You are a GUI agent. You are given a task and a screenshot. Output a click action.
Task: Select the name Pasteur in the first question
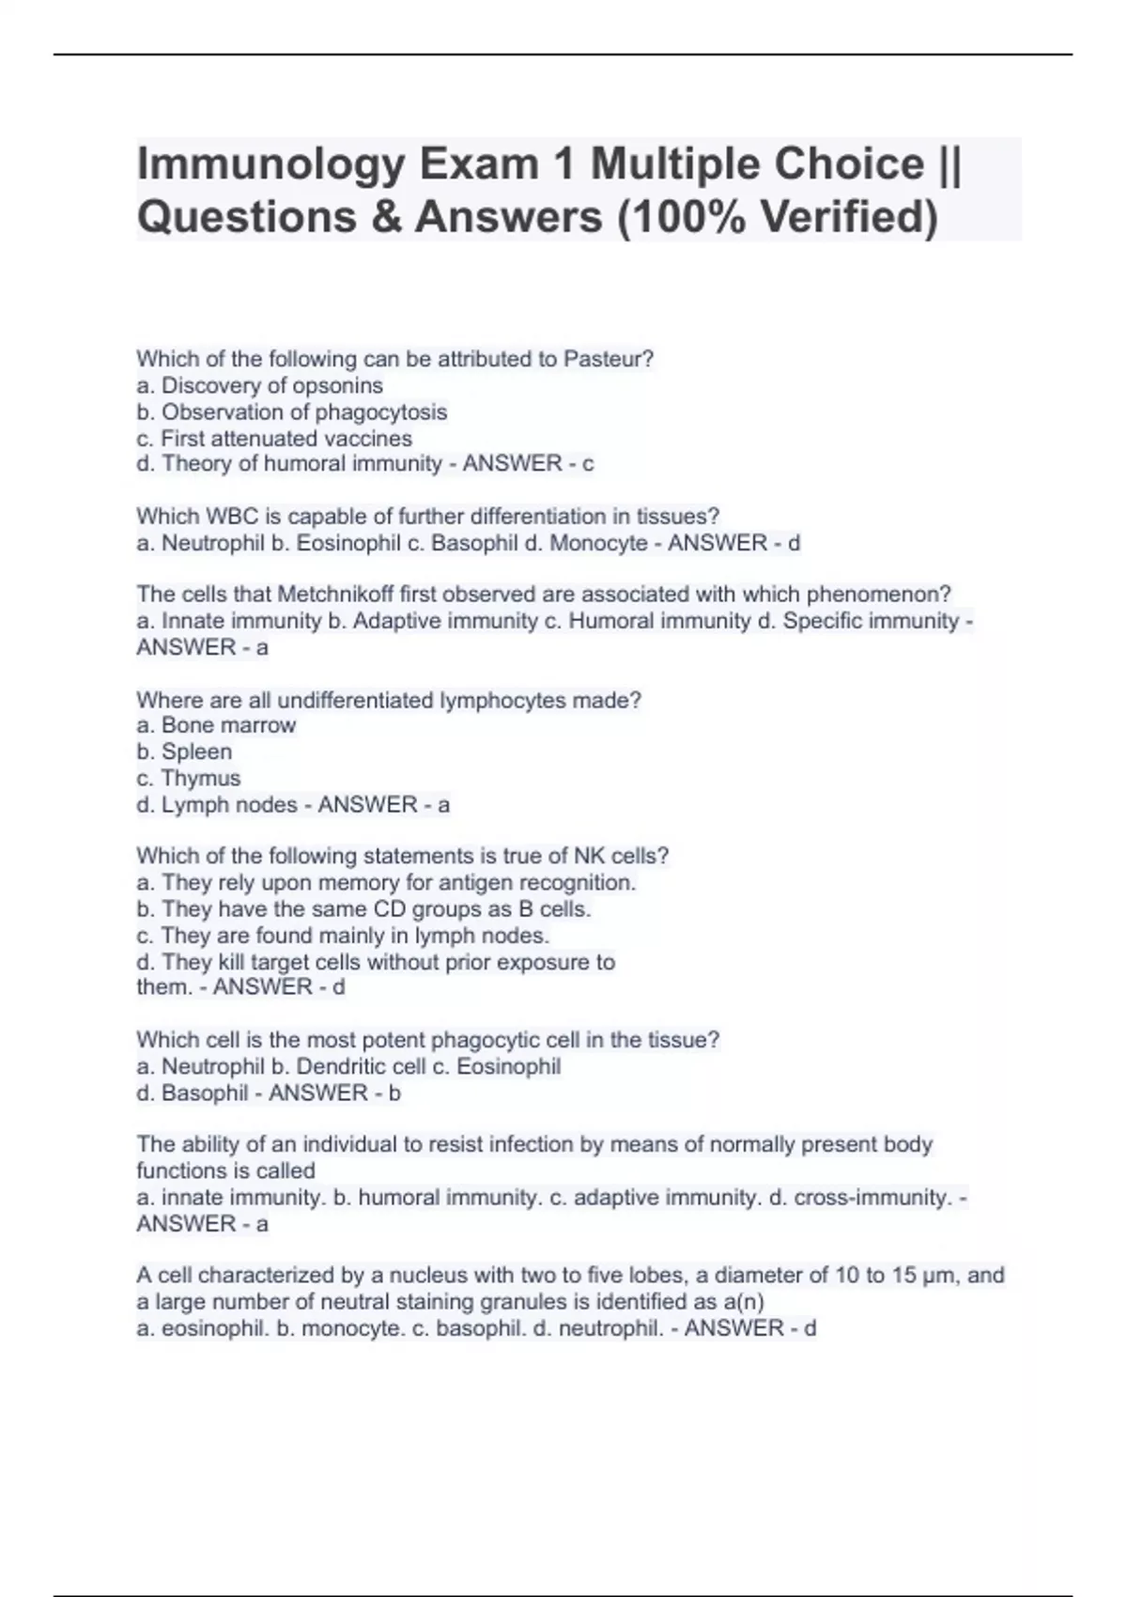pyautogui.click(x=608, y=359)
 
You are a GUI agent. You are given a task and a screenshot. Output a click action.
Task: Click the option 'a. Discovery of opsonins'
pyautogui.click(x=259, y=385)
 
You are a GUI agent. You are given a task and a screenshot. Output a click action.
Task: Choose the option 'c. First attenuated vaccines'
pyautogui.click(x=274, y=438)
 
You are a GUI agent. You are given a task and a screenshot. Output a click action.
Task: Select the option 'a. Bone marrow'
pyautogui.click(x=216, y=725)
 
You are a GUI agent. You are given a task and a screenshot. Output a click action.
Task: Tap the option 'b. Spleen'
pyautogui.click(x=184, y=752)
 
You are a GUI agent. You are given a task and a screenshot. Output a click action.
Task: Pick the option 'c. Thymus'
pyautogui.click(x=188, y=778)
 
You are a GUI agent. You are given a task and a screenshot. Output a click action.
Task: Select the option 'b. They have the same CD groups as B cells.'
pyautogui.click(x=363, y=909)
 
